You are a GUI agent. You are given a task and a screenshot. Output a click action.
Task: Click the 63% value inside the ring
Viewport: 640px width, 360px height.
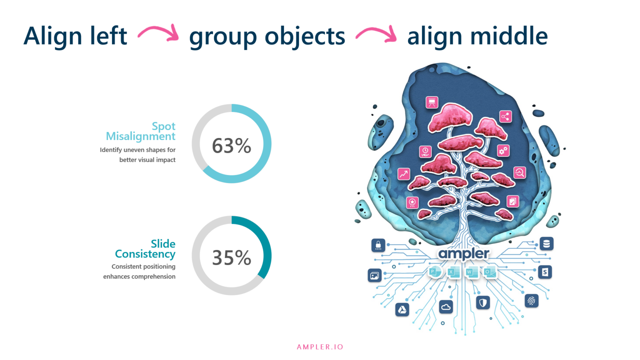(231, 146)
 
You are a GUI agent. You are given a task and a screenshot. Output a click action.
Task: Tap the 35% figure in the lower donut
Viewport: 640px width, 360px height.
(231, 257)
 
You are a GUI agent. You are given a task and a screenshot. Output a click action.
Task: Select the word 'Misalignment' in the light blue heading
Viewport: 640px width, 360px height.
(140, 137)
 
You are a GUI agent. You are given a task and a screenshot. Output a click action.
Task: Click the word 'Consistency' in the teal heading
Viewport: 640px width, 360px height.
(145, 254)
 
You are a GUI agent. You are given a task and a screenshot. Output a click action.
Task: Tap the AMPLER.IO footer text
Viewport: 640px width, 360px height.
(320, 347)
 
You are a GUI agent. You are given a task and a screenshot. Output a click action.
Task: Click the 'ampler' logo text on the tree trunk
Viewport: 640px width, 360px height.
(463, 254)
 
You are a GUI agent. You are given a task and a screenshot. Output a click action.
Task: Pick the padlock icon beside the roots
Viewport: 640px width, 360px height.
(378, 245)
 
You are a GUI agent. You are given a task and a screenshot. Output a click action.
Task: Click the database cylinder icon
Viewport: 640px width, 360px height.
(546, 244)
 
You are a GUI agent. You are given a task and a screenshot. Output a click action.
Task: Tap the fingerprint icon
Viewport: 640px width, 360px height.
(531, 300)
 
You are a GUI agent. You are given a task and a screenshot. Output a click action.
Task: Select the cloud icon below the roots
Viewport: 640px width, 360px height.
(446, 307)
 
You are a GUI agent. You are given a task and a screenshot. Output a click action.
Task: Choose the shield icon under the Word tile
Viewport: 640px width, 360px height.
(483, 302)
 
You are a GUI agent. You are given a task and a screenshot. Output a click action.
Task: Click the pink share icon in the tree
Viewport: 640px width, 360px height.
(505, 117)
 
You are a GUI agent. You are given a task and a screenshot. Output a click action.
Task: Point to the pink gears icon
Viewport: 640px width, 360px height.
(503, 150)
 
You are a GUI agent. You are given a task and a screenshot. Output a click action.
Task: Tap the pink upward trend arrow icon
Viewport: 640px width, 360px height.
(403, 174)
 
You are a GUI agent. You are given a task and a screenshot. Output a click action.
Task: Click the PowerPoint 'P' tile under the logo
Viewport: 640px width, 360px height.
(434, 272)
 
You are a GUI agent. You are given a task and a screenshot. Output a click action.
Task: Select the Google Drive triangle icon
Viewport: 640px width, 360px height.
(402, 310)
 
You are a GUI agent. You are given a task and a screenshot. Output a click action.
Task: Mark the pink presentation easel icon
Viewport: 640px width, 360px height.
(432, 102)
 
